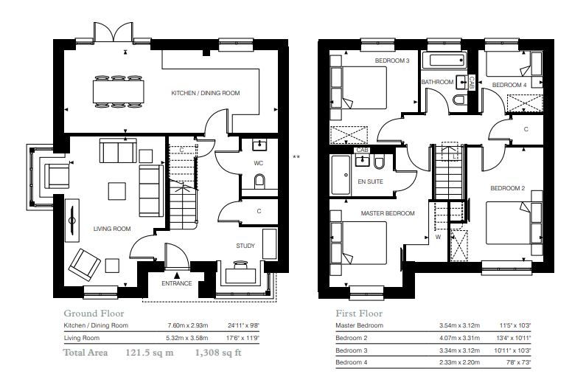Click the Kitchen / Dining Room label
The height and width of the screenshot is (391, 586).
(x=206, y=93)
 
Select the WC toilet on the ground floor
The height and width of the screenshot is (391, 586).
(x=259, y=181)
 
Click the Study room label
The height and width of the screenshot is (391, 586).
(x=245, y=246)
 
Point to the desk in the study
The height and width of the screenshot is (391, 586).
(x=243, y=275)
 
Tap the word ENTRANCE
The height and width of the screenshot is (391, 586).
(x=177, y=283)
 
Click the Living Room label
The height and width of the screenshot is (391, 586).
(x=112, y=229)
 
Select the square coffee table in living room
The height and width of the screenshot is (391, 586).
(x=117, y=191)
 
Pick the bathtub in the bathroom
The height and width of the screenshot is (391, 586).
(x=444, y=60)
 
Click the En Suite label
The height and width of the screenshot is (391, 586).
(x=370, y=181)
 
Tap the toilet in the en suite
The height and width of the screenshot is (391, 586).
(x=379, y=162)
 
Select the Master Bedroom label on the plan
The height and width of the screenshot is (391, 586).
(x=388, y=213)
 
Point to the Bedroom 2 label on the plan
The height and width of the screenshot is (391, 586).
(x=508, y=188)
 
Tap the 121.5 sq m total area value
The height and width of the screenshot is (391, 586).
(x=150, y=353)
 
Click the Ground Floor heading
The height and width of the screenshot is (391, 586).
(x=94, y=314)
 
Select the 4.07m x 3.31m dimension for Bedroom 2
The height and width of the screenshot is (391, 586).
(x=460, y=338)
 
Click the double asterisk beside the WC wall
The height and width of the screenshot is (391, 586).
(x=296, y=157)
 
